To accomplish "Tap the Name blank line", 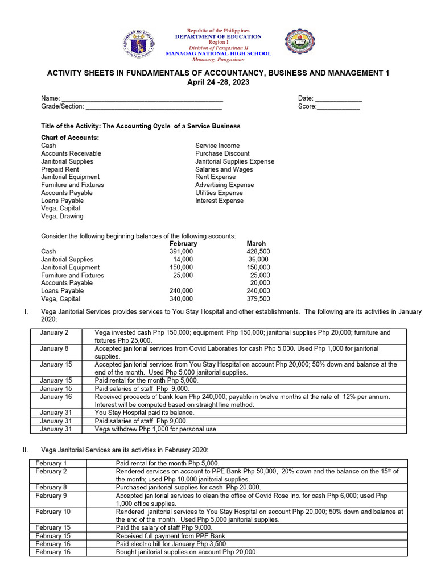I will pyautogui.click(x=142, y=99).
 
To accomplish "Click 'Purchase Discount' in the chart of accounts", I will pyautogui.click(x=222, y=153).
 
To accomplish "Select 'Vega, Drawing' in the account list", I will pyautogui.click(x=62, y=216).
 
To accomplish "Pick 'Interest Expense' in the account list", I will pyautogui.click(x=219, y=201).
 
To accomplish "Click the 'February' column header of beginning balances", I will pyautogui.click(x=183, y=243).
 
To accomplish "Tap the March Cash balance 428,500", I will pyautogui.click(x=258, y=251).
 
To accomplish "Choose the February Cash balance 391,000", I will pyautogui.click(x=181, y=251).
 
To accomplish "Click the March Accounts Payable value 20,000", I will pyautogui.click(x=260, y=282).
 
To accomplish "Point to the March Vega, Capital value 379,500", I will pyautogui.click(x=258, y=298).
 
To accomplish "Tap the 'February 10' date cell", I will pyautogui.click(x=53, y=512).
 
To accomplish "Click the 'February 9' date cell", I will pyautogui.click(x=51, y=496).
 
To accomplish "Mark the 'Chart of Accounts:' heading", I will pyautogui.click(x=70, y=138).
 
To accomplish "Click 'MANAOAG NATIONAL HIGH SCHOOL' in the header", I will pyautogui.click(x=218, y=53).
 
